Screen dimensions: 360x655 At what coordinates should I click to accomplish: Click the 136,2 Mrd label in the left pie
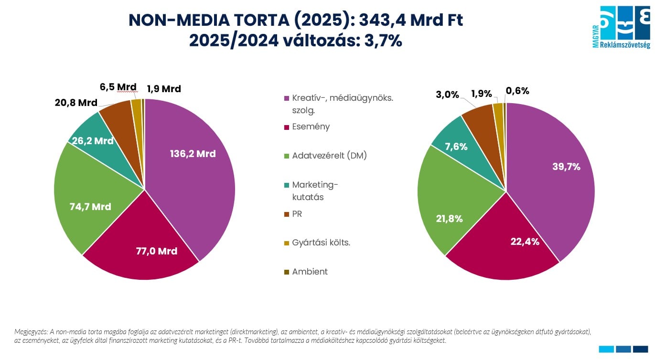[193, 154]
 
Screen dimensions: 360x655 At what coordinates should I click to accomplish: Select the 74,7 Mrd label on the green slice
[90, 207]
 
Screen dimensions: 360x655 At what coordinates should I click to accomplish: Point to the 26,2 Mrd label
[94, 141]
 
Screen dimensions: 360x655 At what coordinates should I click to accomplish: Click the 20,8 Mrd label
[75, 103]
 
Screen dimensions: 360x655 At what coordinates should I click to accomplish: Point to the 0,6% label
[517, 91]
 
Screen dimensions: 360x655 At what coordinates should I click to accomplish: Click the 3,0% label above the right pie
[447, 95]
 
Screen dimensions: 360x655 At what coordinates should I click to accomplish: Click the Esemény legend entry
[311, 127]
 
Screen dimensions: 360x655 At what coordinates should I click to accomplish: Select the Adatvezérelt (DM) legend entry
[329, 156]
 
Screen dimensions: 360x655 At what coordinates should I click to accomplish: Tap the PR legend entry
[297, 214]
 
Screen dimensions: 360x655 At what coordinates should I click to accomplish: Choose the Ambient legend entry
[310, 272]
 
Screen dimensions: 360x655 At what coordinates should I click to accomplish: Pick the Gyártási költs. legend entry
[321, 243]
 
